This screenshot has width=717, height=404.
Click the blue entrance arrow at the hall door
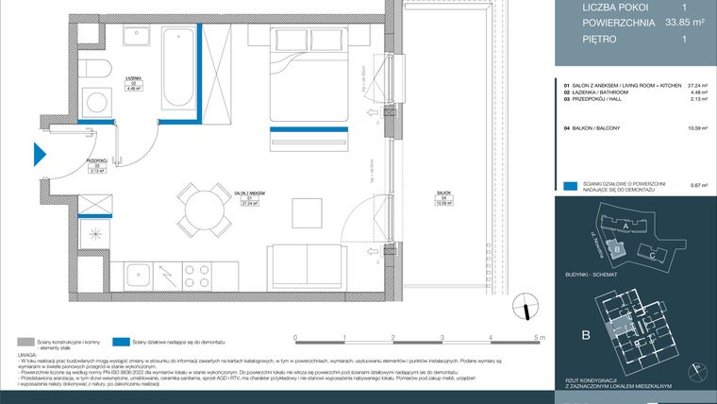click(40, 154)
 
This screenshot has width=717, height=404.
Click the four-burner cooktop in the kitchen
click(195, 277)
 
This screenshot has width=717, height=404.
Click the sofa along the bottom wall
click(307, 262)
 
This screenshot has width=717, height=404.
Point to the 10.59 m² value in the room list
click(696, 126)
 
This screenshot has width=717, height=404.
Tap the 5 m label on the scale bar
click(539, 337)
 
